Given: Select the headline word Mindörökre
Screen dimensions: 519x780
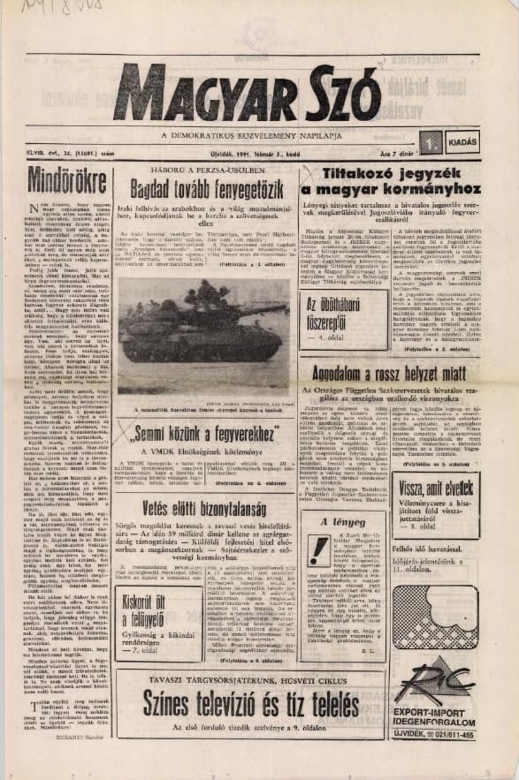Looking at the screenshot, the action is [56, 179].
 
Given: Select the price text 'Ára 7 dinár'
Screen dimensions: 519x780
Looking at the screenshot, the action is [401, 153].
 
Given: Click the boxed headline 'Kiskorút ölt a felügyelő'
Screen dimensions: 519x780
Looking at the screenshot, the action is [142, 609].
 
